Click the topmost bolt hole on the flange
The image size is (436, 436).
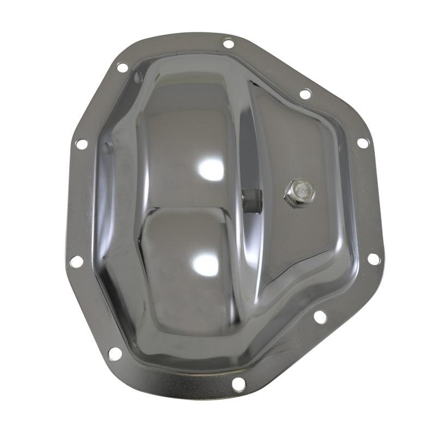click(229, 43)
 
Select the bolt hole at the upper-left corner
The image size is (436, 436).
click(122, 68)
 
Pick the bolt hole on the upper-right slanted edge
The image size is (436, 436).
click(305, 94)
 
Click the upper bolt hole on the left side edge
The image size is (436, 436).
click(81, 144)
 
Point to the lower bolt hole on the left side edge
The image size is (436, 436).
click(76, 261)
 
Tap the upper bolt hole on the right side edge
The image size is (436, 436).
click(362, 143)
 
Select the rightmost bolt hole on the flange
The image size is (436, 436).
click(373, 259)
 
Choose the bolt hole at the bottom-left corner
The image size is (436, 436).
click(114, 353)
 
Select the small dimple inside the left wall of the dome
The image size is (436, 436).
click(107, 147)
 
